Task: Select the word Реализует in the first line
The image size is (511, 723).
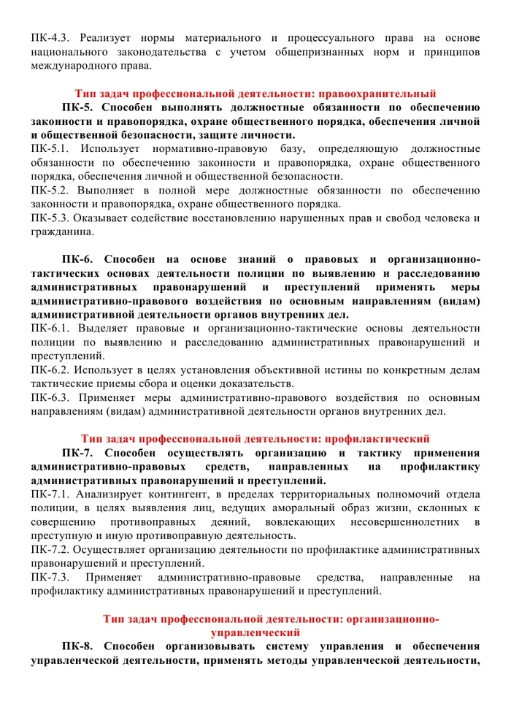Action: click(x=109, y=37)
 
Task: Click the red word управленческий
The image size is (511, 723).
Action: click(x=255, y=633)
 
